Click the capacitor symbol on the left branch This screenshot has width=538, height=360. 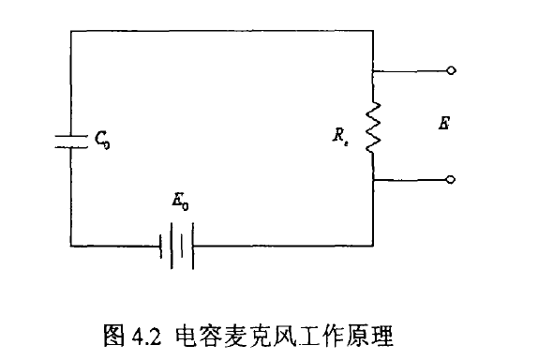click(71, 141)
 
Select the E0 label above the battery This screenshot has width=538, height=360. click(180, 202)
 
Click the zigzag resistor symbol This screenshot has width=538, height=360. click(373, 128)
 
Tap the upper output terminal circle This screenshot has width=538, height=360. click(452, 70)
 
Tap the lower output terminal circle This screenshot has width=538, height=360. click(452, 179)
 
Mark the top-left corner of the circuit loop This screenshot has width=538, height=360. click(71, 29)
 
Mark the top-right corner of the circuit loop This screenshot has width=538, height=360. click(373, 29)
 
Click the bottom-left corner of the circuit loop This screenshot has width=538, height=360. click(71, 246)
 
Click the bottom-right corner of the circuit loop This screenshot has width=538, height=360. click(373, 246)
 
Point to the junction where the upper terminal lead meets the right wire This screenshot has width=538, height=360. click(373, 70)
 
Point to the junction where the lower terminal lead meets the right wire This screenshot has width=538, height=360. click(373, 179)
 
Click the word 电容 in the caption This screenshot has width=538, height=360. click(195, 333)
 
